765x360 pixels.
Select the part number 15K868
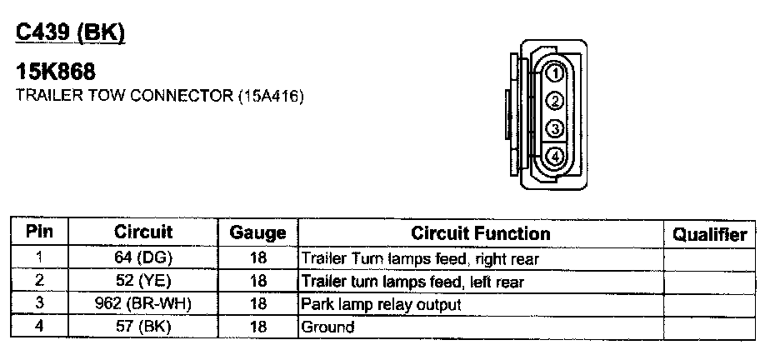(x=62, y=74)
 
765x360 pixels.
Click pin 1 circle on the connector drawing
(x=555, y=74)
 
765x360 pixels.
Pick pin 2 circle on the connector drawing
(x=555, y=102)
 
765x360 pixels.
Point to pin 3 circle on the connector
(x=555, y=129)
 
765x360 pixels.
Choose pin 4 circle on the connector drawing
(x=555, y=157)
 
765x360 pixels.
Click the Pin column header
(x=39, y=232)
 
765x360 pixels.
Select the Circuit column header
(x=143, y=232)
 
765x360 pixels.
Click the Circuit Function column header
(x=481, y=233)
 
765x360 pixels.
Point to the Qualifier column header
(x=709, y=235)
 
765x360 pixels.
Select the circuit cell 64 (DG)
(x=142, y=258)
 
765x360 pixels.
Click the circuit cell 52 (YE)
(x=142, y=282)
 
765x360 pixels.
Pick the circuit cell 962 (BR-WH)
(x=142, y=304)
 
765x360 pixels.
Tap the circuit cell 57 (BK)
(x=142, y=327)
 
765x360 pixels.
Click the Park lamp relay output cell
(x=381, y=304)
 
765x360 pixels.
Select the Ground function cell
(x=327, y=327)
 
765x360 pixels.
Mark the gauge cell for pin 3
(x=257, y=304)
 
